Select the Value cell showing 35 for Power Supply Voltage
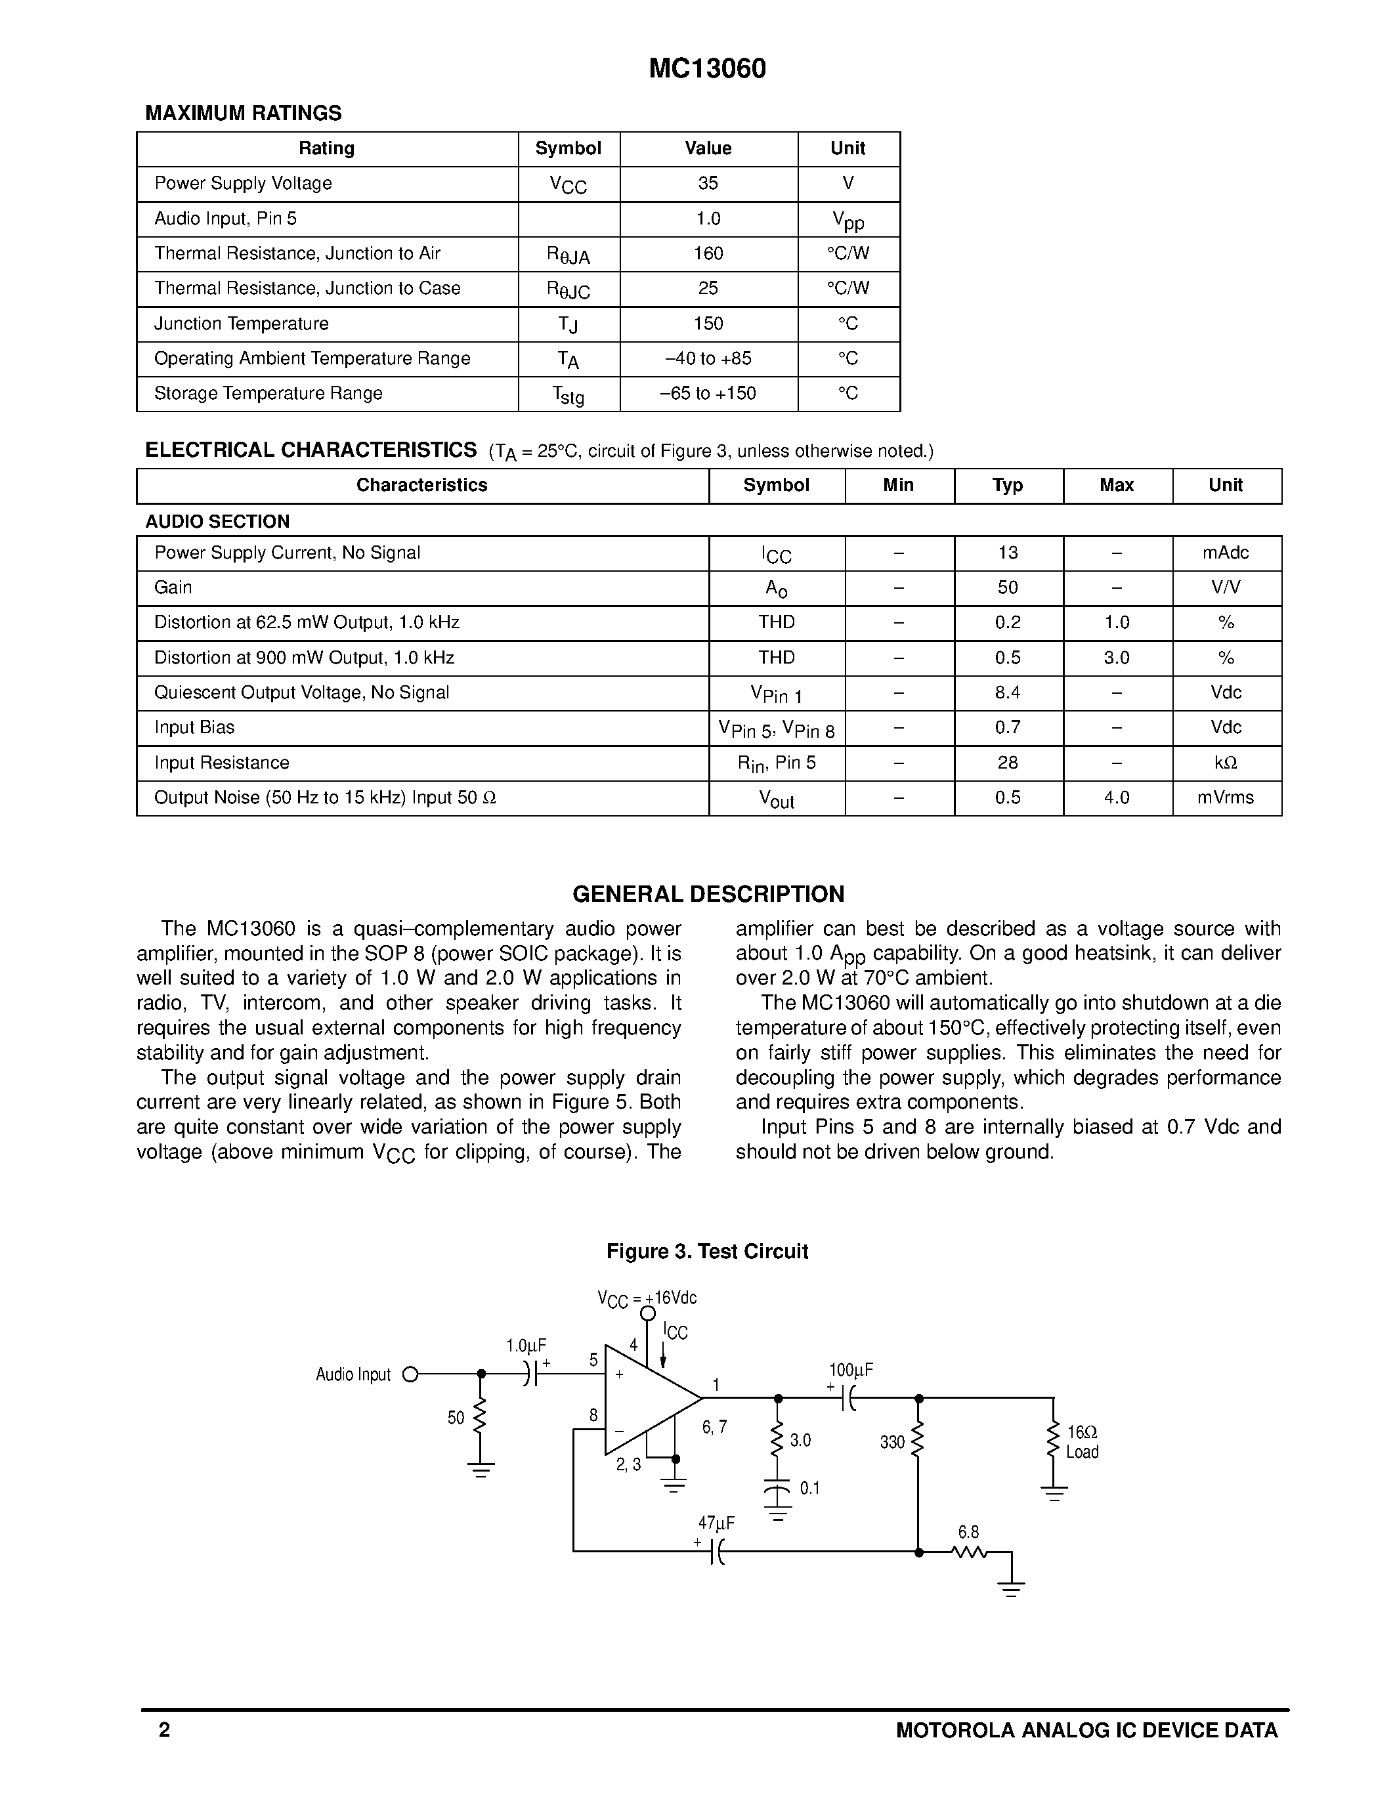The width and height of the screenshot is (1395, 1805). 708,184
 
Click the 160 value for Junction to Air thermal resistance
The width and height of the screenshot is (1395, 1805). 708,254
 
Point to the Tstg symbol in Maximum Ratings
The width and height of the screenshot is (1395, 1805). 568,395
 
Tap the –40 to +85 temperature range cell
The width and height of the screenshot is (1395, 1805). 708,358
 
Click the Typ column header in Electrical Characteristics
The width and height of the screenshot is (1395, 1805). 1008,485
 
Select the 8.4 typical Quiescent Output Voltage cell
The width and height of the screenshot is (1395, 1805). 1008,692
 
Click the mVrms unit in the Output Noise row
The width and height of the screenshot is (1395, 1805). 1225,797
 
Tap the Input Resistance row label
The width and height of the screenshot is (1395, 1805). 221,763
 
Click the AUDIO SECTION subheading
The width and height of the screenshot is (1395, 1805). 217,522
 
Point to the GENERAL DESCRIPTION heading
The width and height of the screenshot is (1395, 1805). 708,894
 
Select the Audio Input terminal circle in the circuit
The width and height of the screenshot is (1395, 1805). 409,1374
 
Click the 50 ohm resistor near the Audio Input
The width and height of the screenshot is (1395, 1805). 480,1418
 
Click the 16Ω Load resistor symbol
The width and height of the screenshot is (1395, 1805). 1053,1441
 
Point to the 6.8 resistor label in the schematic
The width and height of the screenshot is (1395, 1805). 968,1532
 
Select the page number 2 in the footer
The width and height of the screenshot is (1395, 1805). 165,1730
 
